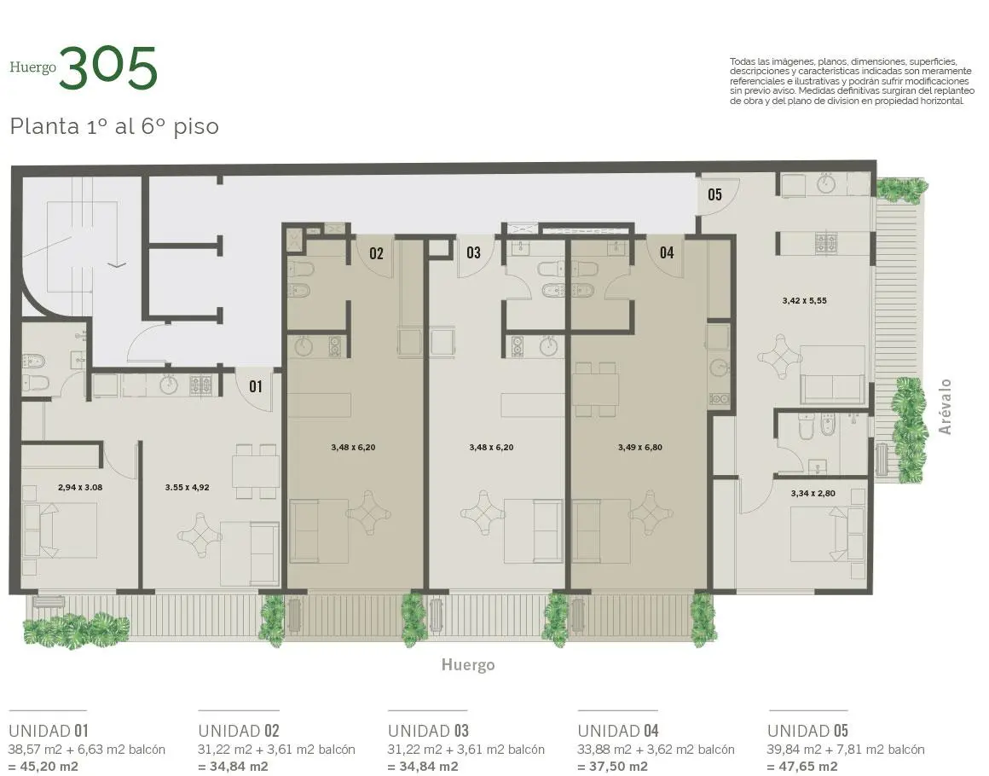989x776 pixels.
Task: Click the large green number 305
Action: [x=108, y=68]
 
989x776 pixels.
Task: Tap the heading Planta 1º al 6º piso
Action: [x=114, y=126]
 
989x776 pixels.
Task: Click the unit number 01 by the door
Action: [x=256, y=386]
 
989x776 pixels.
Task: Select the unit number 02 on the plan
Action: [x=376, y=252]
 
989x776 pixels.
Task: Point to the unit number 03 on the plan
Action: [x=473, y=252]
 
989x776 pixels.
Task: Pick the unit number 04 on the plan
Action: [x=666, y=252]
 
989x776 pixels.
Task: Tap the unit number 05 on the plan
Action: [x=714, y=194]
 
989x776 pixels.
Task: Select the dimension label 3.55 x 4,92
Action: [x=187, y=488]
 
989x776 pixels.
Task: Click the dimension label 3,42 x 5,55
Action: [x=804, y=300]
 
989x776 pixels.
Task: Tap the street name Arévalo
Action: [x=944, y=407]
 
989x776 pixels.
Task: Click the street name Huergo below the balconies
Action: [x=467, y=665]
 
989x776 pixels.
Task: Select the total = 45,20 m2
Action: [x=43, y=766]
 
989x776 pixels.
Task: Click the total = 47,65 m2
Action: [x=802, y=766]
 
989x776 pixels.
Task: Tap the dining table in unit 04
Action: [x=597, y=387]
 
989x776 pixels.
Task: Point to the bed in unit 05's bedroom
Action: [x=821, y=534]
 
